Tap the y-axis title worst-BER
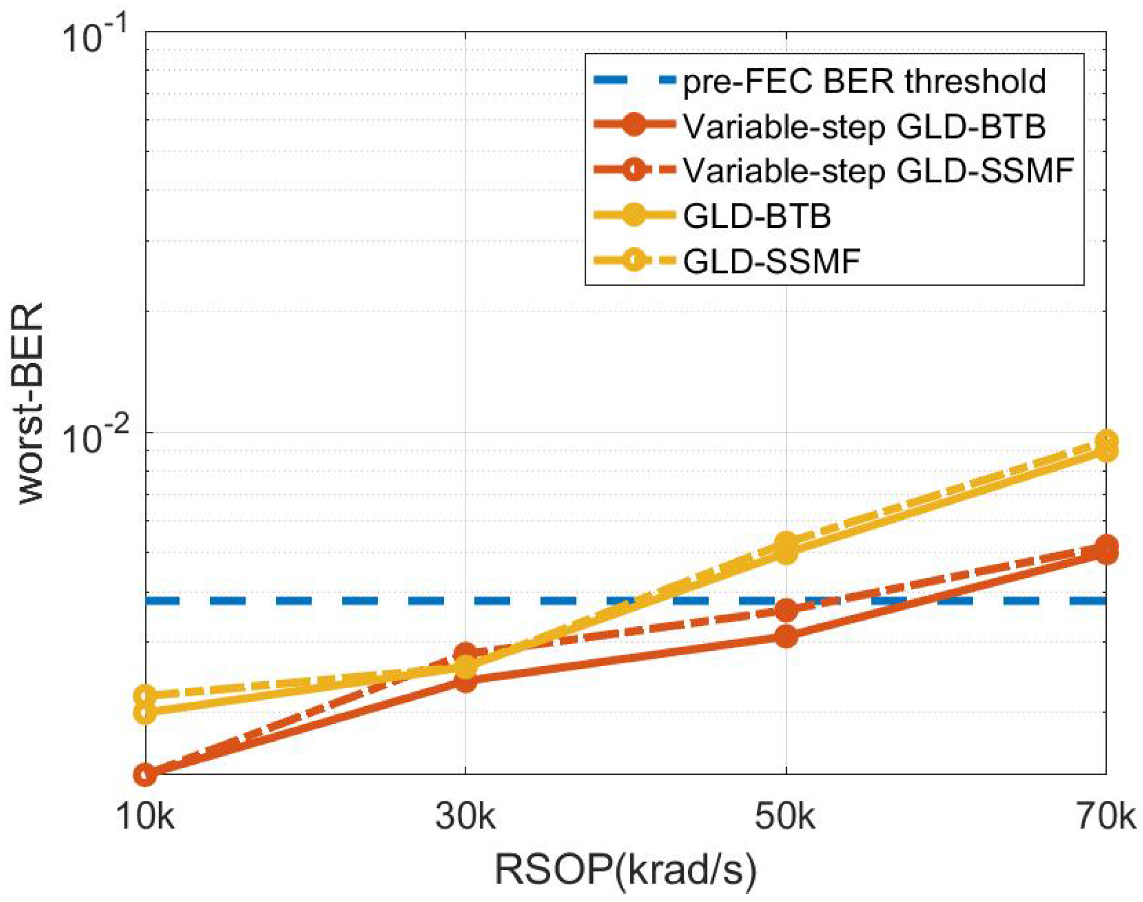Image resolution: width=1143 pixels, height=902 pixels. pos(31,403)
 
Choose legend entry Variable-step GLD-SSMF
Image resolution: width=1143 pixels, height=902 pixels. pos(877,171)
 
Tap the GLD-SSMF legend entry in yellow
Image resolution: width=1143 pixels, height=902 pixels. pos(771,261)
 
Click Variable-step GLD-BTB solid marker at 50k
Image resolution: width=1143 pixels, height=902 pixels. pos(785,636)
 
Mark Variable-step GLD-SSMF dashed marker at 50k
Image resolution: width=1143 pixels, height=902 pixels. pos(785,610)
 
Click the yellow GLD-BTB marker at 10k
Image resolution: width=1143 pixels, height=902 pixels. pos(145,712)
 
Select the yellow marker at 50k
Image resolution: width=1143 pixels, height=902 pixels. pos(785,548)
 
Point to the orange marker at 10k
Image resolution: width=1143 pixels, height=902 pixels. pos(145,774)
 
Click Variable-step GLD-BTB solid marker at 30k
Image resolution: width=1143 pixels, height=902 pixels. pos(465,681)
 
